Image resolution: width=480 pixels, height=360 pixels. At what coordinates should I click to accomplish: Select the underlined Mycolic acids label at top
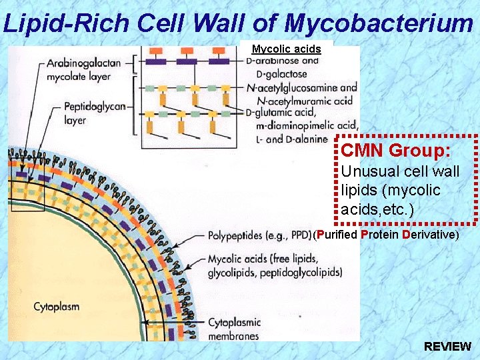click(286, 49)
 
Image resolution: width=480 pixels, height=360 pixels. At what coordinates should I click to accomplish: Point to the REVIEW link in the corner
click(447, 347)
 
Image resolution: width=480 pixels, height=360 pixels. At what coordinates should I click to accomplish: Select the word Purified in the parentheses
click(337, 235)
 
